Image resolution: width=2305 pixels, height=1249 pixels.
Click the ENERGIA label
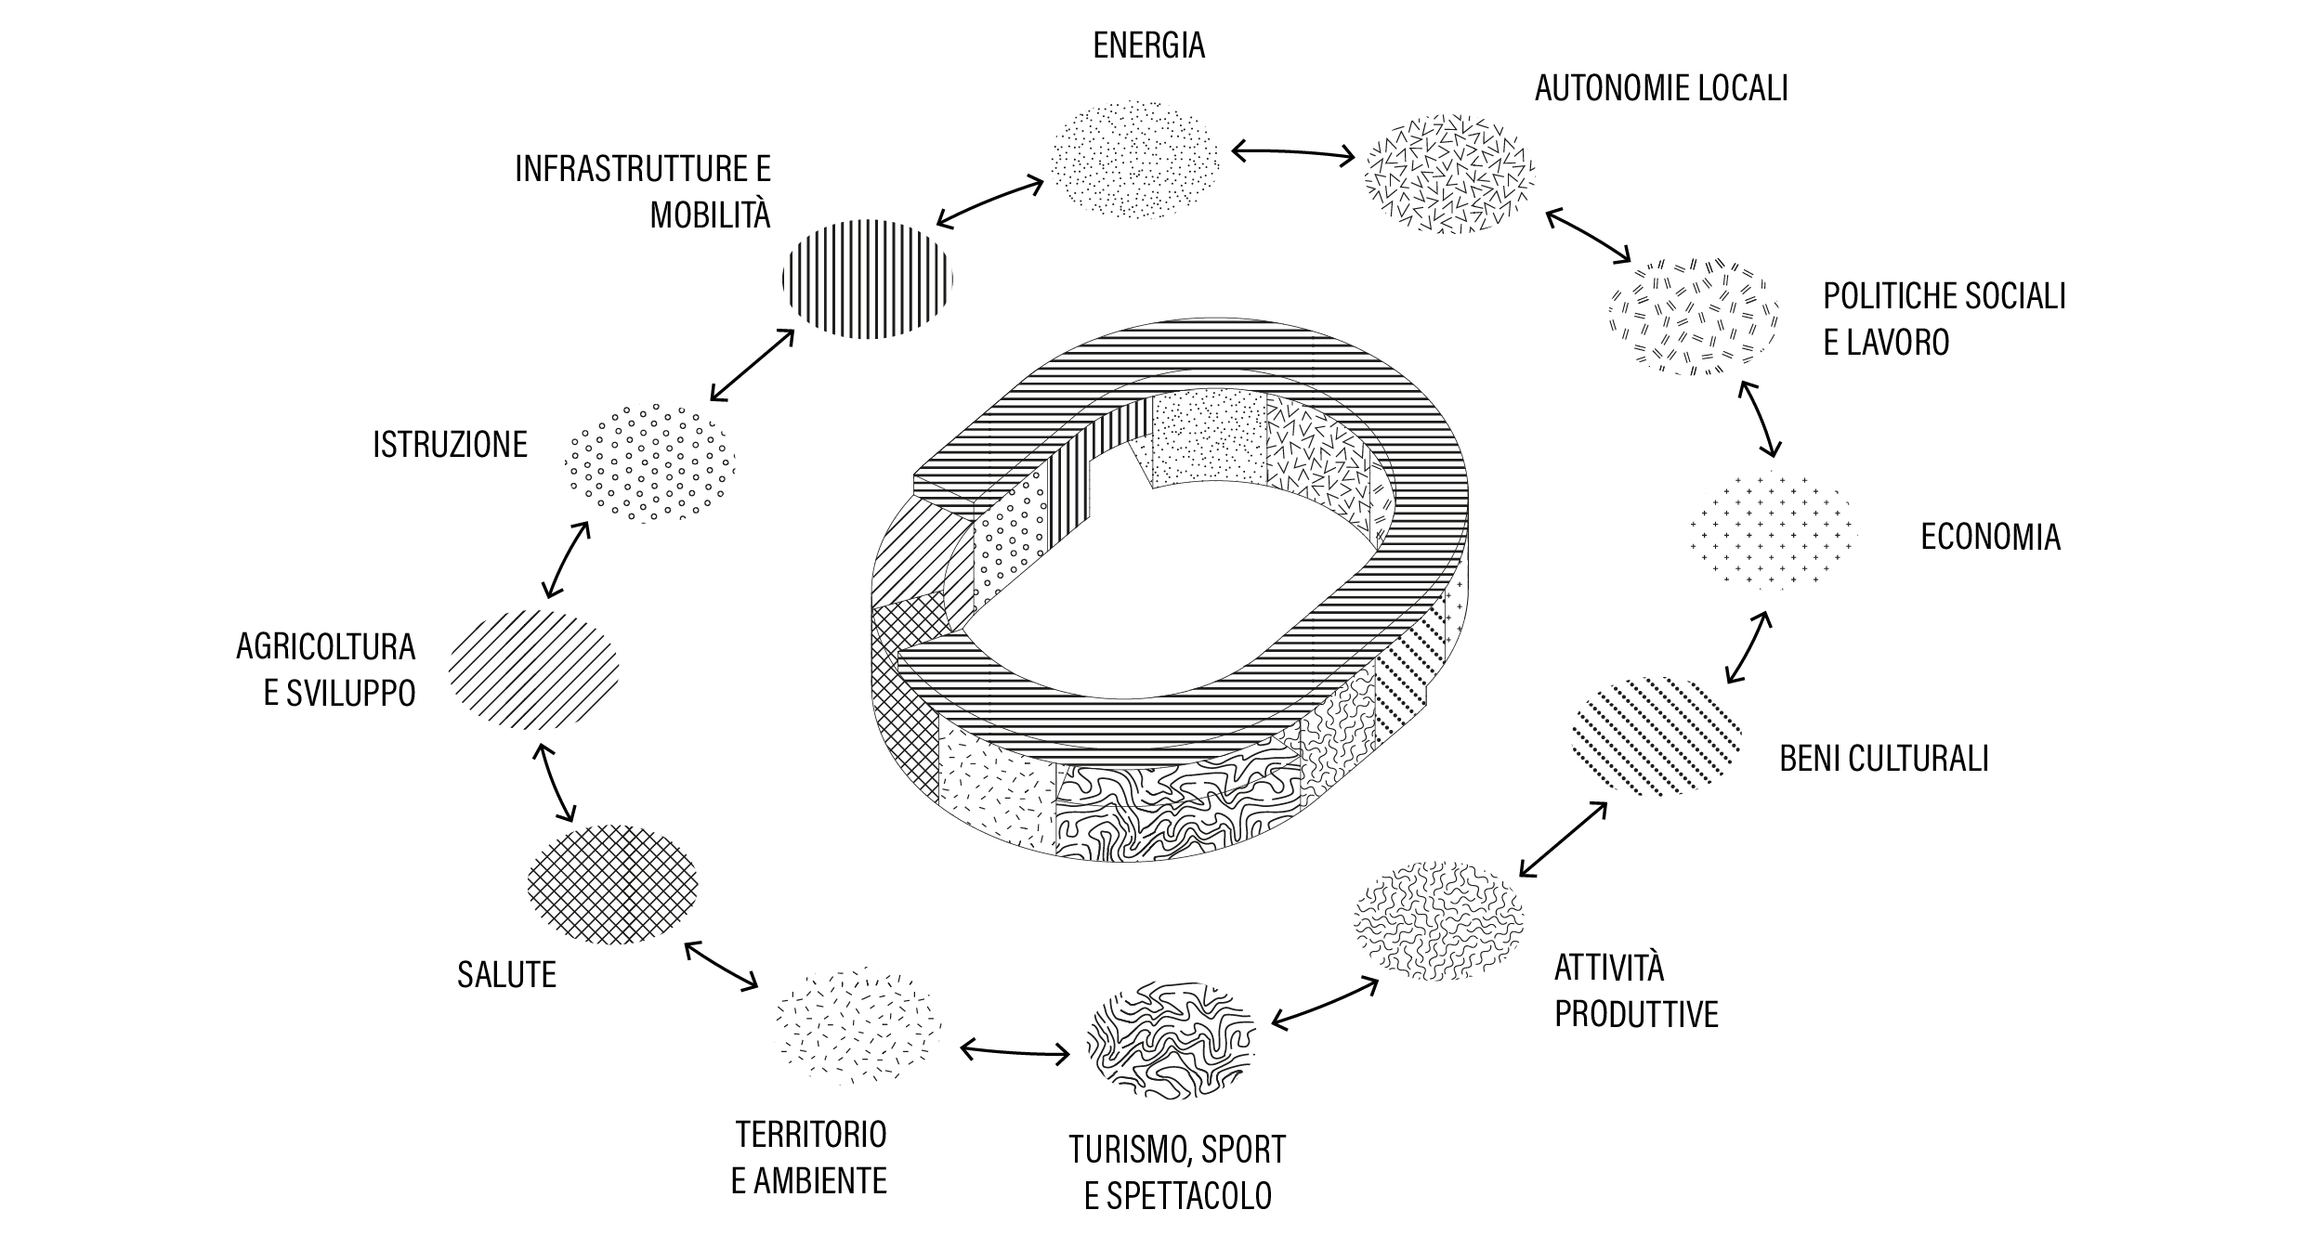point(1148,46)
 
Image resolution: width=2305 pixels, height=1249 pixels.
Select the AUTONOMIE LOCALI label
point(1661,88)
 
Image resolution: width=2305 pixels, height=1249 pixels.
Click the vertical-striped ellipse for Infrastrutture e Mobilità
point(868,279)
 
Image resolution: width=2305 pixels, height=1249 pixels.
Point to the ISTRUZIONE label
point(450,445)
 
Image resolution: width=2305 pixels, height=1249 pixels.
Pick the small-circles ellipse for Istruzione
point(649,462)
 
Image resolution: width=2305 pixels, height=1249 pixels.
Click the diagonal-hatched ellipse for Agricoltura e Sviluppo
point(533,668)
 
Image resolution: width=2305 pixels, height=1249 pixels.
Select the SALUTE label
point(506,975)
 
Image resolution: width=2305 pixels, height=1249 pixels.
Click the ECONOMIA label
point(1990,537)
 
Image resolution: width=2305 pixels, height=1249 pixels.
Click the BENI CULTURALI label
point(1884,759)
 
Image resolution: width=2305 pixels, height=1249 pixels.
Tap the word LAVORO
point(1896,343)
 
